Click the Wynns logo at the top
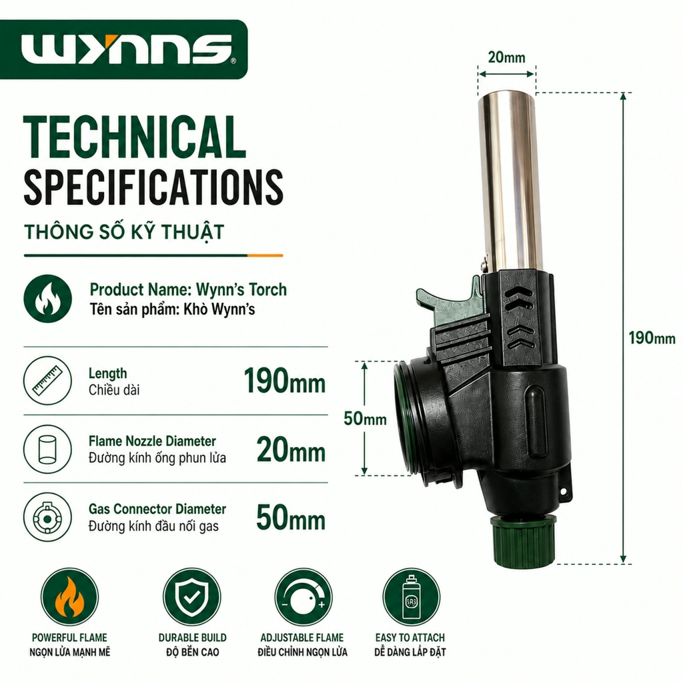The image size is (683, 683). [x=126, y=49]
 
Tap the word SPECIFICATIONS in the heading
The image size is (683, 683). [x=153, y=187]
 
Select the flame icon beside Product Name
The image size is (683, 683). [x=47, y=298]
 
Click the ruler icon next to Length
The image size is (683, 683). [x=47, y=381]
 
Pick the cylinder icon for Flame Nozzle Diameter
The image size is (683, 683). [x=47, y=450]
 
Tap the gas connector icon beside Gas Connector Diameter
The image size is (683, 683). [x=47, y=518]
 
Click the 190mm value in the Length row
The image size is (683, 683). [x=285, y=381]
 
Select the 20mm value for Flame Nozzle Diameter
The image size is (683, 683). [x=291, y=450]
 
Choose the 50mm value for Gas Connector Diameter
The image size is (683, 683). [x=291, y=518]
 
